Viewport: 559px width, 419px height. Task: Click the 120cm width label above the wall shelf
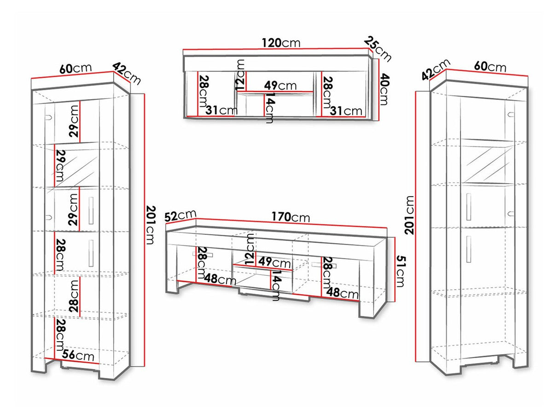click(x=281, y=43)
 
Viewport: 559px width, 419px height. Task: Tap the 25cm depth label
click(x=377, y=49)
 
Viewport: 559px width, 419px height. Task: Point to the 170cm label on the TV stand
click(x=291, y=217)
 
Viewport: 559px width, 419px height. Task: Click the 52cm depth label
click(x=181, y=215)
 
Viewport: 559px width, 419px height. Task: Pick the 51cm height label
click(x=400, y=271)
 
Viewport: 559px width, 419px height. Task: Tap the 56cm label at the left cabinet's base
click(x=78, y=355)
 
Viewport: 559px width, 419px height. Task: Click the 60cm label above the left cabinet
click(x=76, y=68)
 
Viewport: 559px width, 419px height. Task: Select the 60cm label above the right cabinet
click(x=490, y=67)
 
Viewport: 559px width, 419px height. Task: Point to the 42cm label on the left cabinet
click(x=126, y=74)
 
